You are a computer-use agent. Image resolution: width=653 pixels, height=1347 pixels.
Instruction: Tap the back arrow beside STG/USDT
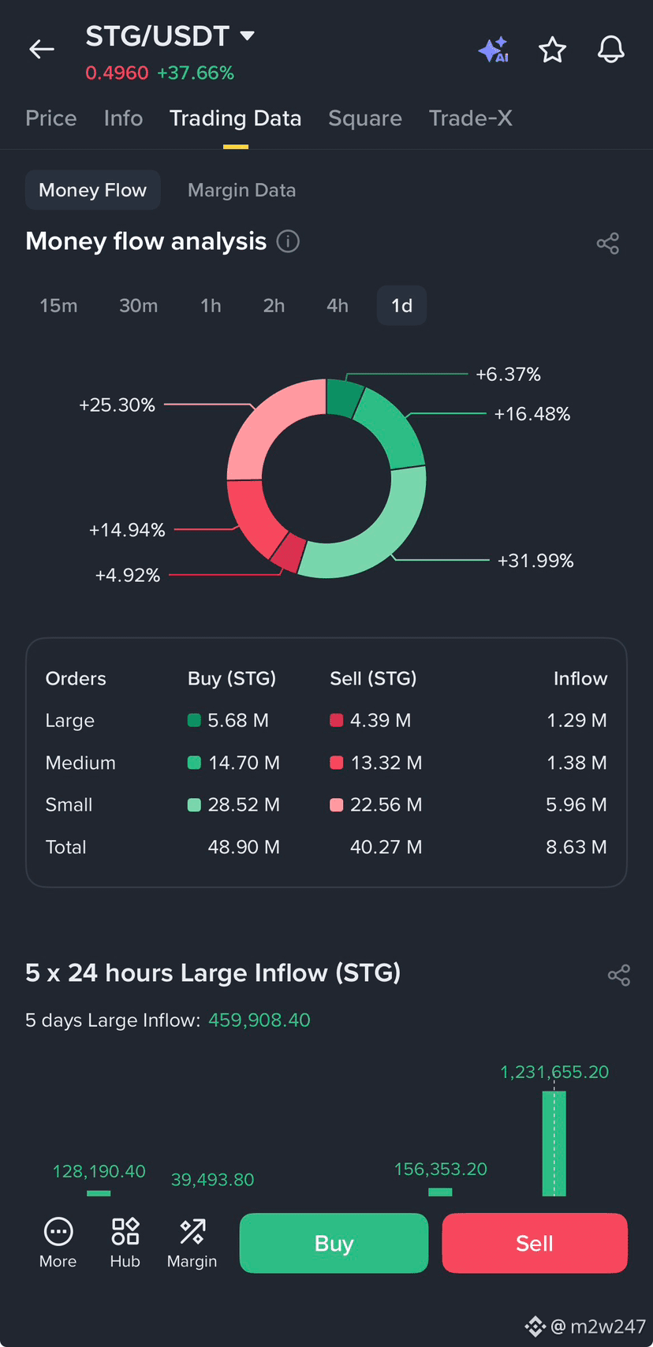click(x=42, y=49)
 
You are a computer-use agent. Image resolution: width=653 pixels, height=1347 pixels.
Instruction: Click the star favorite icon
click(x=552, y=50)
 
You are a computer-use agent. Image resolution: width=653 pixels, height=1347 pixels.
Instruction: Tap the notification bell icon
click(x=611, y=49)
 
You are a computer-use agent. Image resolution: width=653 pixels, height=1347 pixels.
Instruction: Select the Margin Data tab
click(x=241, y=190)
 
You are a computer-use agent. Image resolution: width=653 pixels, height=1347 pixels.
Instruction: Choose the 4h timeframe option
click(x=338, y=305)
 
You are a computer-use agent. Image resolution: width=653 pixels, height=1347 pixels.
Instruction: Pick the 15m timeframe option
click(x=58, y=305)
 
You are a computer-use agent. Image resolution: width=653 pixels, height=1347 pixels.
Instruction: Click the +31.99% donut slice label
click(x=535, y=561)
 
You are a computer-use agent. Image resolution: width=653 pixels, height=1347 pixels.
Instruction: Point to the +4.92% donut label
click(x=128, y=575)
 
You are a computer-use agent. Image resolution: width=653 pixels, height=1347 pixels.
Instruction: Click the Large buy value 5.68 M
click(x=238, y=720)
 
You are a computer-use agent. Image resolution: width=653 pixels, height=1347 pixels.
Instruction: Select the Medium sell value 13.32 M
click(x=386, y=763)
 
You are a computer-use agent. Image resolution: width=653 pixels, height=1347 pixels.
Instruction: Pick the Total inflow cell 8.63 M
click(x=576, y=847)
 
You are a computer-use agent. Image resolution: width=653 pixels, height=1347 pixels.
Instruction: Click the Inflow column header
click(x=580, y=678)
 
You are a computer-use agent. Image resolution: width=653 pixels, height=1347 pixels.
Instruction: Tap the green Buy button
click(x=334, y=1243)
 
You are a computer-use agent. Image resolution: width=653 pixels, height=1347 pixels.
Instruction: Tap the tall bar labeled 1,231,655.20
click(x=554, y=1144)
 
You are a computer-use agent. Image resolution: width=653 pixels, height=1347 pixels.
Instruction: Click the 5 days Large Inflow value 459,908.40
click(x=259, y=1020)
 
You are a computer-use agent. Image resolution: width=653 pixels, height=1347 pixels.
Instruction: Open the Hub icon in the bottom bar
click(x=125, y=1242)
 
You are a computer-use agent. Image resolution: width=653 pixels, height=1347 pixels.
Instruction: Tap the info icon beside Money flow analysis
click(x=288, y=242)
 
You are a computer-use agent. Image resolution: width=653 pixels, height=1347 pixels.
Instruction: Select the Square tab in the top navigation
click(x=365, y=118)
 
